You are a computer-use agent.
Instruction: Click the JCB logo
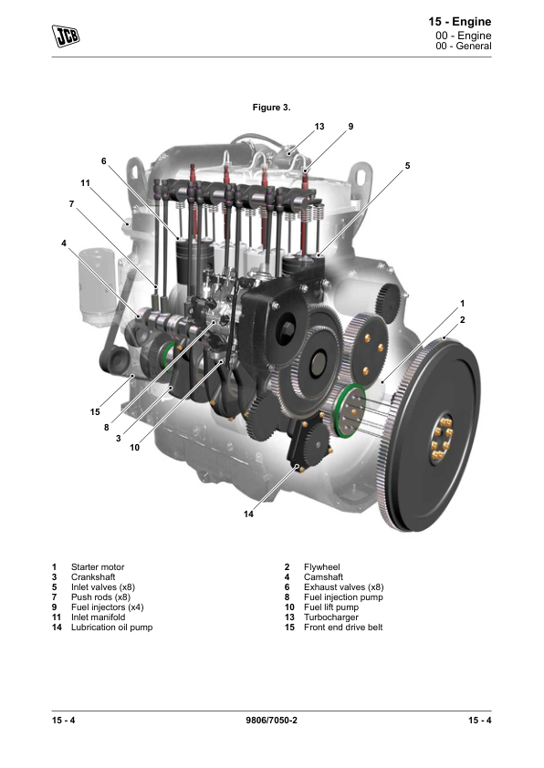(x=66, y=36)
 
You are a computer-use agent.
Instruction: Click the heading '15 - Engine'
(x=460, y=22)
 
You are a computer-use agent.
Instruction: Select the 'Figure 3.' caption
(x=271, y=108)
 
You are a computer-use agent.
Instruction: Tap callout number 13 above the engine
(x=319, y=127)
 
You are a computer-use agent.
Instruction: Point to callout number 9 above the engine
(x=350, y=127)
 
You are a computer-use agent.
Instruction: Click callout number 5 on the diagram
(x=407, y=166)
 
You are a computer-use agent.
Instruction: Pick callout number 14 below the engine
(x=248, y=514)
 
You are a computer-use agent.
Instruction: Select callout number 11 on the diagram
(x=85, y=183)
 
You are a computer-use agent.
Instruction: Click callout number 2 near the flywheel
(x=462, y=320)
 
